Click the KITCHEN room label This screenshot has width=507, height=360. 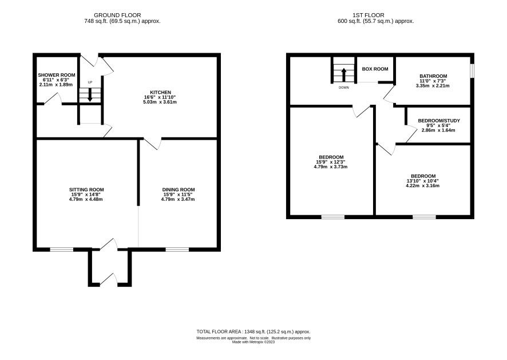click(160, 93)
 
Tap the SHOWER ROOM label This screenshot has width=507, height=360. click(57, 75)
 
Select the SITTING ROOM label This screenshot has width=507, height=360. click(86, 190)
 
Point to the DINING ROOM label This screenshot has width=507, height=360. click(179, 190)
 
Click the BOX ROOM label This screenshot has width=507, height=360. click(375, 69)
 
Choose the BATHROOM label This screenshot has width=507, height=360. click(433, 76)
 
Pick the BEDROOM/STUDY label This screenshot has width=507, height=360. click(439, 121)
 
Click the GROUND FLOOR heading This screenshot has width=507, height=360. click(117, 15)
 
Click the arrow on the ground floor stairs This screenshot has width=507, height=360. click(90, 96)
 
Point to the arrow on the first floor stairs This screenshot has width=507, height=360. click(344, 74)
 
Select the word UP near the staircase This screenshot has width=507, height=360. click(90, 82)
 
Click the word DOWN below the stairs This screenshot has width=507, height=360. click(344, 88)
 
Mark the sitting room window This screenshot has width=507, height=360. click(61, 250)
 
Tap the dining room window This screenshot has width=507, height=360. click(177, 250)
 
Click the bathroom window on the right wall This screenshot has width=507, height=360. click(472, 71)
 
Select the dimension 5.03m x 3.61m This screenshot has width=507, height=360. click(160, 102)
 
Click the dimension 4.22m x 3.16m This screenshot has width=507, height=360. click(423, 186)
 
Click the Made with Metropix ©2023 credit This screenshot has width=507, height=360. click(254, 342)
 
